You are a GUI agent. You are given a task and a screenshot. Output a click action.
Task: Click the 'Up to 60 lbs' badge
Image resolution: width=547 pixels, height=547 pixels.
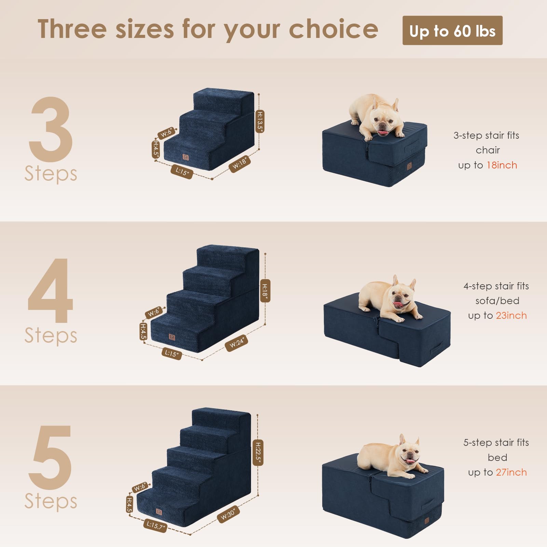(x=452, y=31)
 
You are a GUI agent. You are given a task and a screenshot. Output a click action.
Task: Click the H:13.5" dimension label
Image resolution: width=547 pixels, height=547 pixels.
(x=260, y=121)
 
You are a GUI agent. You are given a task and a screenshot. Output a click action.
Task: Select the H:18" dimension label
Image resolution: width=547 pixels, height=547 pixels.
(x=265, y=290)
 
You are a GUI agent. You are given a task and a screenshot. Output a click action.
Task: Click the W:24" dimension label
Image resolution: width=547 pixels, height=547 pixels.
(x=236, y=343)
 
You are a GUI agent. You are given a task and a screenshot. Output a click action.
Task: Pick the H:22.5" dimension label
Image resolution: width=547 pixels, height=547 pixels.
(x=258, y=452)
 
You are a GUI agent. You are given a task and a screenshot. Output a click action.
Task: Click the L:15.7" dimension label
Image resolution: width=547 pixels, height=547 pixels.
(x=155, y=525)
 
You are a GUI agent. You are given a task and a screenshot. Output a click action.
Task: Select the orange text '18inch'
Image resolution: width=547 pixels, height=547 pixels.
(x=502, y=165)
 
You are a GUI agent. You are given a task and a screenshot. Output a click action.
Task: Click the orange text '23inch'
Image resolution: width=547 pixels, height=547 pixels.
(x=511, y=316)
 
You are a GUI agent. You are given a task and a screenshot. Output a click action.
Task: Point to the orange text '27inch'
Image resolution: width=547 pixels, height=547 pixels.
(x=511, y=473)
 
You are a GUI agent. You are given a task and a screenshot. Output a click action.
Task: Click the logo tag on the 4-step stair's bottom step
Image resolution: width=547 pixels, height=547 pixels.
(x=172, y=337)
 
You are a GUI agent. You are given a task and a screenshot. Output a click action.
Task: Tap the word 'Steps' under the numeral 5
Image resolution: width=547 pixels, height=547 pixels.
(x=51, y=502)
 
